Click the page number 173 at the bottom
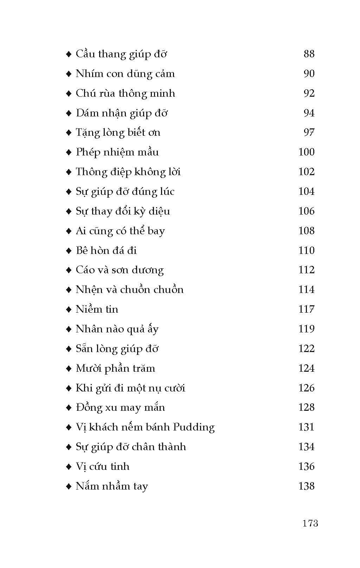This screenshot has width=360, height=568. click(x=310, y=523)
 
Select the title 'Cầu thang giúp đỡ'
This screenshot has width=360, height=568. click(x=121, y=54)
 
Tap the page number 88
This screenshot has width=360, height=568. click(x=309, y=54)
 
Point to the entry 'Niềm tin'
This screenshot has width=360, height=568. click(x=97, y=309)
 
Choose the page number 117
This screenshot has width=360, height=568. click(x=306, y=309)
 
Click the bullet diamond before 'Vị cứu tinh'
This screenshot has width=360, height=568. click(x=69, y=467)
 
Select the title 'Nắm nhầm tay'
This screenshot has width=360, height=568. click(x=112, y=486)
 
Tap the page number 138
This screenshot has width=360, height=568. click(x=306, y=486)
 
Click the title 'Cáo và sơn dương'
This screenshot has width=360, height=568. click(x=120, y=270)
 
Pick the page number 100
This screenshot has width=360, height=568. click(x=306, y=152)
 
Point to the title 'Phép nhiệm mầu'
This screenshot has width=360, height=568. click(x=117, y=152)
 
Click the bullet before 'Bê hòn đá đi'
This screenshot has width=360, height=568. click(x=69, y=251)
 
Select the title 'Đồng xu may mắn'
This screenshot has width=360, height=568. click(x=120, y=408)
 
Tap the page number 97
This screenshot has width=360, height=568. click(x=309, y=133)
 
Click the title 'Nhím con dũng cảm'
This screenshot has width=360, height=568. click(x=125, y=74)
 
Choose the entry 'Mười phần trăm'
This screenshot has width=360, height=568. click(x=115, y=369)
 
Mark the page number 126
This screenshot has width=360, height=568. click(x=306, y=388)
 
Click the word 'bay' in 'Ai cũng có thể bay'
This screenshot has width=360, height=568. click(x=156, y=231)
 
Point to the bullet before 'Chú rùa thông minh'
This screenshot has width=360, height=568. click(x=69, y=94)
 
